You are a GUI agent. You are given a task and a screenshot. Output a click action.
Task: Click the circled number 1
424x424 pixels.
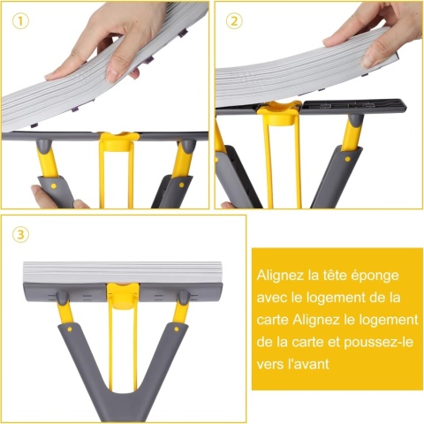(20, 21)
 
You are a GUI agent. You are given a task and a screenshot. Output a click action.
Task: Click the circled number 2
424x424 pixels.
(234, 21)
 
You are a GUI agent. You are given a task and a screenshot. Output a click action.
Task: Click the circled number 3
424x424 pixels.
(20, 234)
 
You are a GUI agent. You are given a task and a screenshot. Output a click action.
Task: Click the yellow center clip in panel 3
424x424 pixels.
(123, 296)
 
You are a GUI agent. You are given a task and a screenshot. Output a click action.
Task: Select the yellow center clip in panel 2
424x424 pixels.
(279, 113)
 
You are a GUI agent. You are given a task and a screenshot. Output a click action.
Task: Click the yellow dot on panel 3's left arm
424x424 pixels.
(70, 329)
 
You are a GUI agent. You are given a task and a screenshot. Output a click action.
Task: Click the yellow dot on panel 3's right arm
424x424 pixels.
(177, 329)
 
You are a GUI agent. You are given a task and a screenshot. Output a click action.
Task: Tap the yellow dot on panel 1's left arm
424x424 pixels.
(54, 186)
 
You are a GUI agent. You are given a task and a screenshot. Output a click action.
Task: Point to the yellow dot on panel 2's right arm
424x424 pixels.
(347, 159)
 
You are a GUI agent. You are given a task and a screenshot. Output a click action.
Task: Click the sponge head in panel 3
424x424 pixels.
(123, 272)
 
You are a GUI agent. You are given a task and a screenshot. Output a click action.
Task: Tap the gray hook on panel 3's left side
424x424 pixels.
(63, 298)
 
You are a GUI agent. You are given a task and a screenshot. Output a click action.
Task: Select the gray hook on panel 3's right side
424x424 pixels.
(184, 298)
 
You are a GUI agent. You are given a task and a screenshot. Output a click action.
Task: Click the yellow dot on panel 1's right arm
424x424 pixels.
(182, 185)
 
